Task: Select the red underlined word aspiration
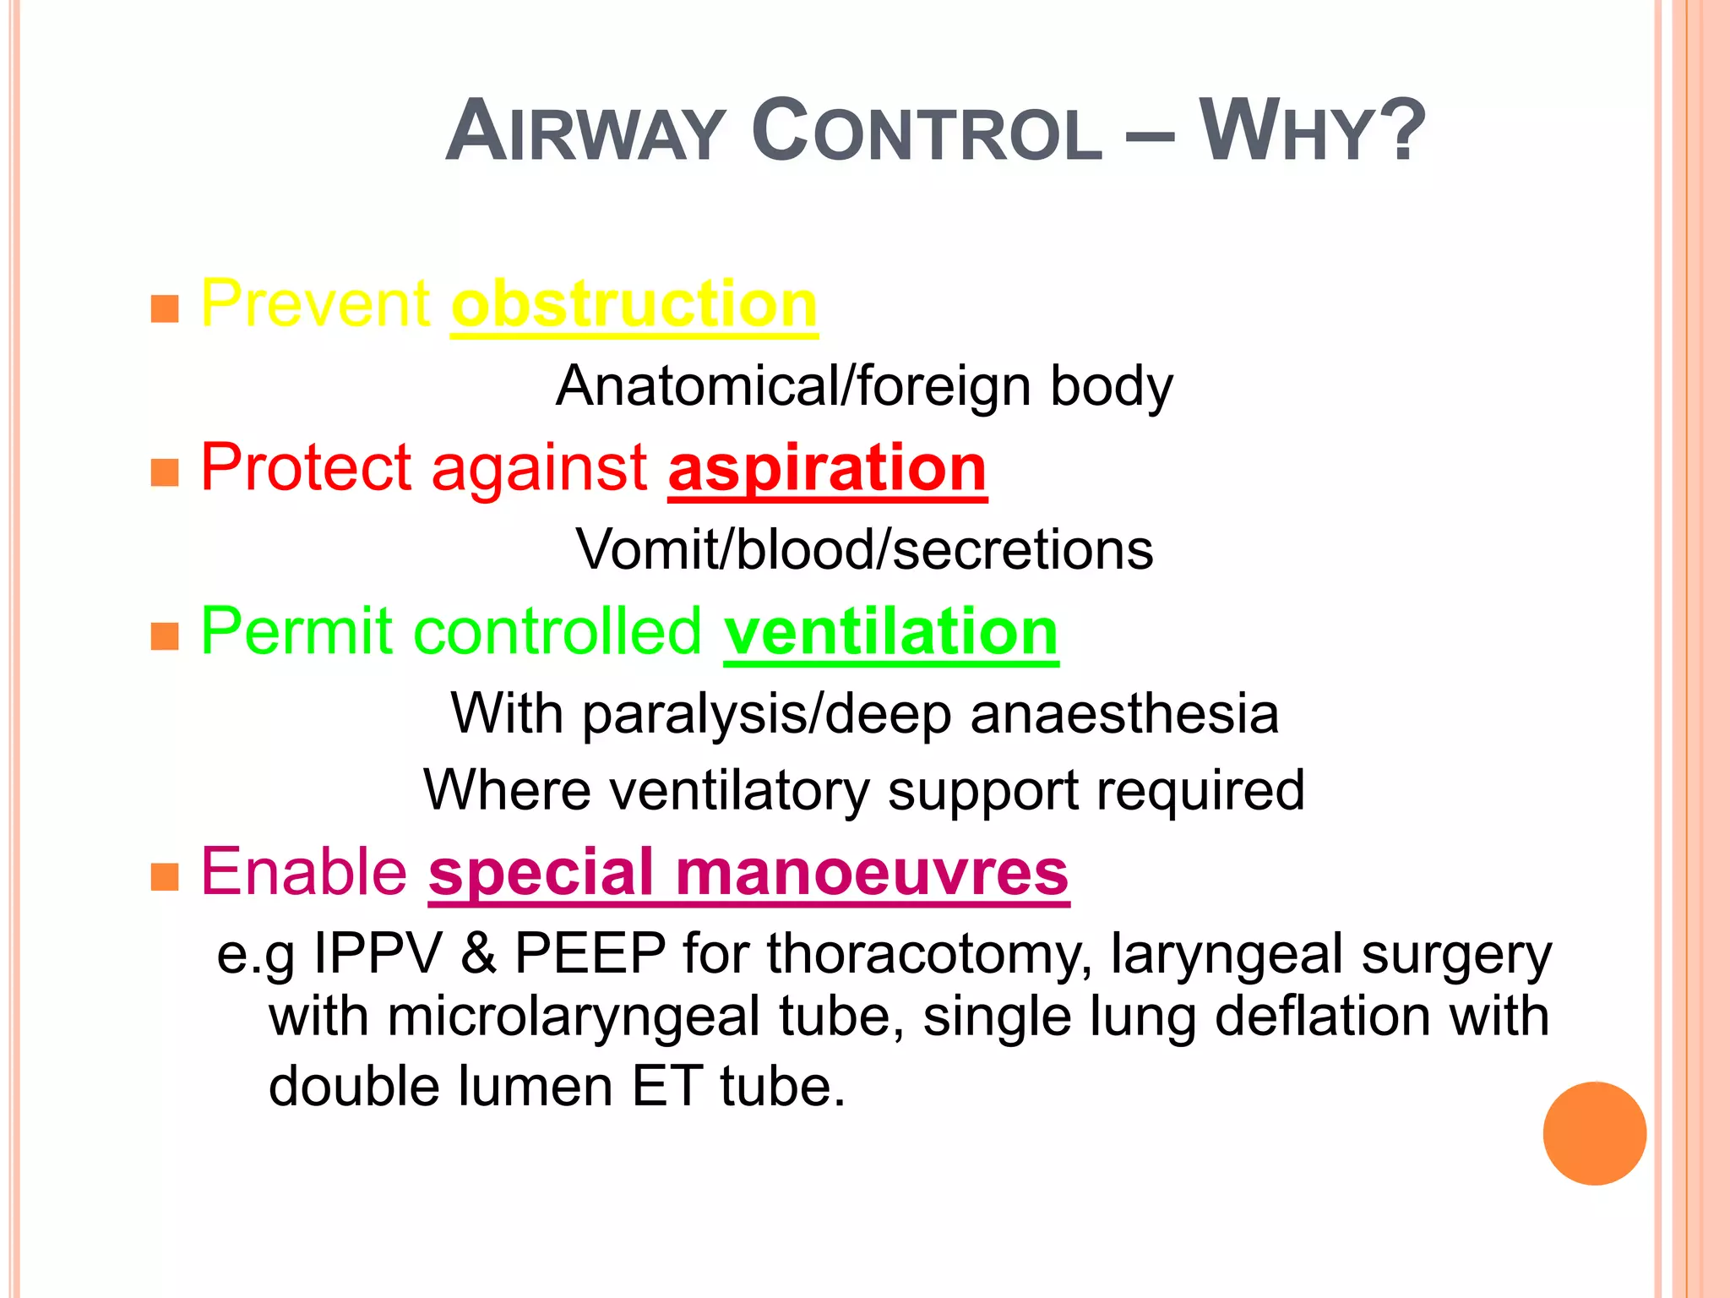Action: click(x=827, y=468)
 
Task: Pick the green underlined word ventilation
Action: click(x=890, y=632)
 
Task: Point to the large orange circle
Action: click(x=1594, y=1133)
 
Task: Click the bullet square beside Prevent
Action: click(x=165, y=309)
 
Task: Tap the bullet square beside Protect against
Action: click(x=165, y=472)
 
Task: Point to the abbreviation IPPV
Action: click(x=378, y=954)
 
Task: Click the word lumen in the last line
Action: click(x=535, y=1087)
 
